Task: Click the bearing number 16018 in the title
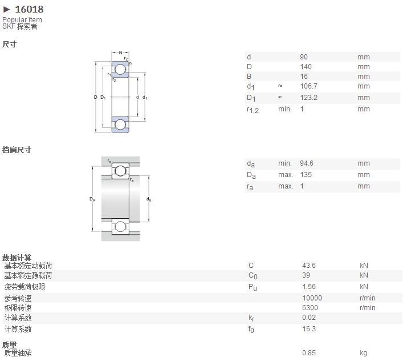[29, 9]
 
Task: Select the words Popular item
[22, 20]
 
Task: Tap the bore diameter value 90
[304, 57]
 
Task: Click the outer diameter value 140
[306, 67]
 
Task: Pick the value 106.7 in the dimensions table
[308, 86]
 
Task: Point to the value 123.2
[308, 98]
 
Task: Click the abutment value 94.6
[307, 163]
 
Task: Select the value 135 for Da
[306, 175]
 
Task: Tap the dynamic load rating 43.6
[309, 266]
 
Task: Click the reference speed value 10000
[312, 298]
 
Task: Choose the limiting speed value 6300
[310, 308]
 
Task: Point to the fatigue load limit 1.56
[309, 287]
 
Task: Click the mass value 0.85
[309, 353]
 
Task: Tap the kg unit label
[364, 353]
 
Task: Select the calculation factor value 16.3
[309, 329]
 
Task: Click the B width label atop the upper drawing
[120, 53]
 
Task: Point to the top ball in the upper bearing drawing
[120, 69]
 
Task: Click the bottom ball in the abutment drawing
[120, 226]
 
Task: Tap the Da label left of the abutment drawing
[92, 199]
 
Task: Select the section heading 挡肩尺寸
[17, 150]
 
